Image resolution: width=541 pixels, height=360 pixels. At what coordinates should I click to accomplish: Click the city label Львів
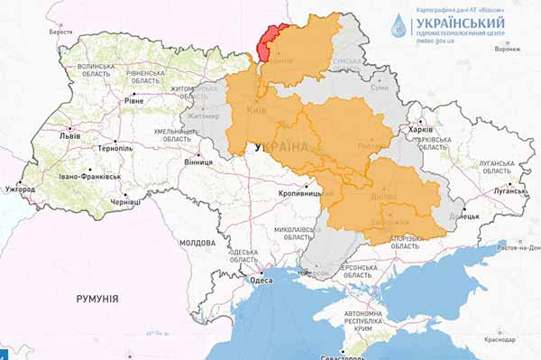coord(69,137)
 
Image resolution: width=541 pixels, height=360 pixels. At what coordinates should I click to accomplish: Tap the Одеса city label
coord(262,281)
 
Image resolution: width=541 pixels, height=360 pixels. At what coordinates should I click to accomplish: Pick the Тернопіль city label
coord(116,148)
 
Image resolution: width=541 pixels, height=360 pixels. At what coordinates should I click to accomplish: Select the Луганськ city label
coord(509,191)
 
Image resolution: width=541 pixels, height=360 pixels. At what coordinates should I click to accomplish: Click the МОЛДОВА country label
coord(197,244)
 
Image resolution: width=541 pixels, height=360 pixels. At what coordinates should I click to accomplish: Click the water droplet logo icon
coord(399,25)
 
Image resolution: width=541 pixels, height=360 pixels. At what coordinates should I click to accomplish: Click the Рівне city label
coord(133,101)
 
